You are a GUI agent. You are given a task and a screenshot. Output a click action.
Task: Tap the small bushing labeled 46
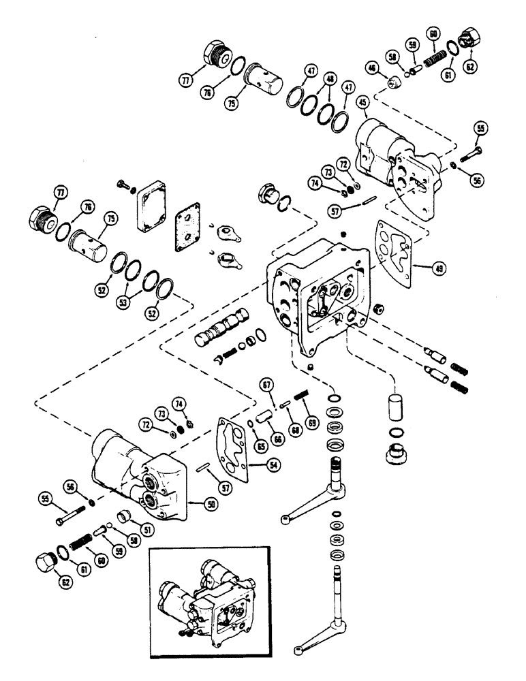(392, 83)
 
